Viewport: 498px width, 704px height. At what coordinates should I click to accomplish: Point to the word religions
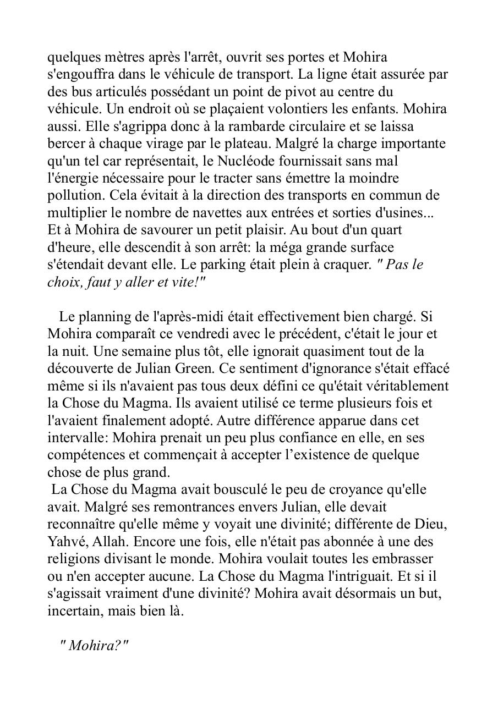[73, 559]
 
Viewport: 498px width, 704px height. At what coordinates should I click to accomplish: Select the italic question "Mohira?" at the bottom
[94, 645]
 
